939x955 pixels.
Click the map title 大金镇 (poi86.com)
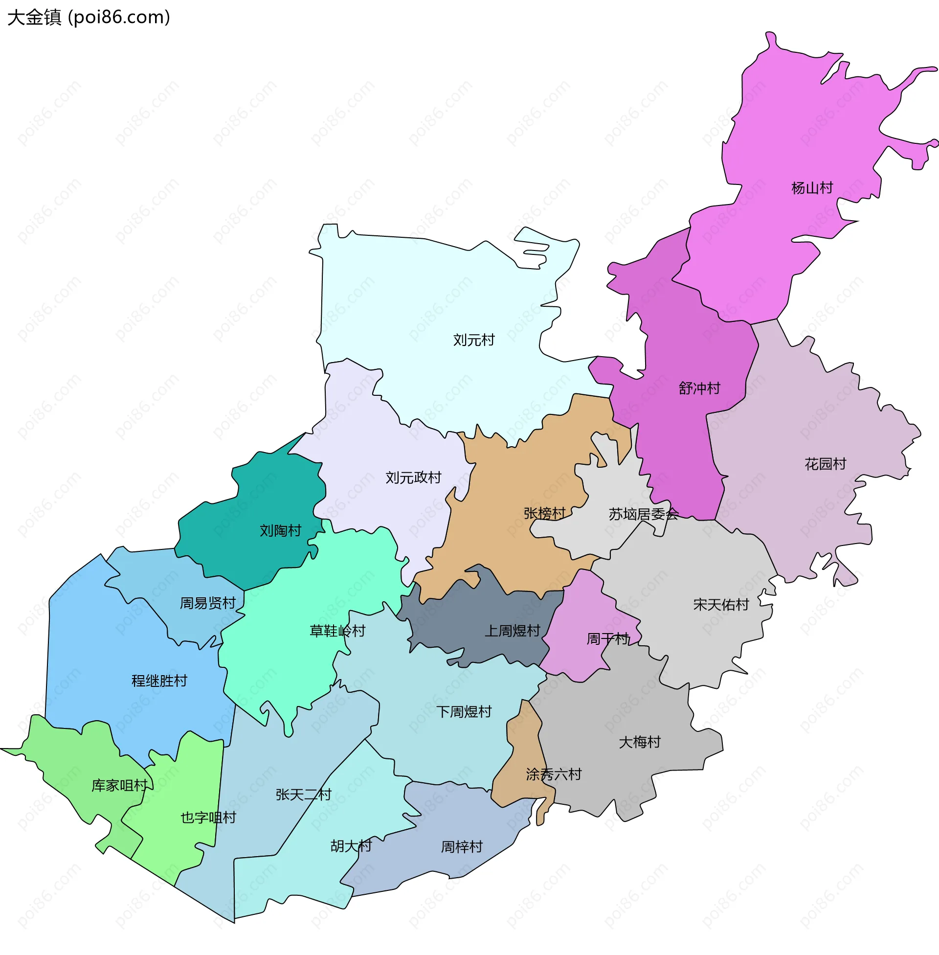pyautogui.click(x=89, y=17)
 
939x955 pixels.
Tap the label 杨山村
pyautogui.click(x=812, y=188)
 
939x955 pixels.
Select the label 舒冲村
pyautogui.click(x=699, y=388)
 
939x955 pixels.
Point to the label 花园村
pyautogui.click(x=825, y=464)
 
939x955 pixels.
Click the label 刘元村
pyautogui.click(x=473, y=340)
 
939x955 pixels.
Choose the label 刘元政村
pyautogui.click(x=413, y=477)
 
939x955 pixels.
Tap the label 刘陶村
pyautogui.click(x=280, y=530)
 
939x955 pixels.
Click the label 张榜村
pyautogui.click(x=544, y=514)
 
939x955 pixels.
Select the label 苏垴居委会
pyautogui.click(x=643, y=515)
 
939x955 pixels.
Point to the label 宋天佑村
pyautogui.click(x=720, y=604)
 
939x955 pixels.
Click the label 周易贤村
pyautogui.click(x=208, y=603)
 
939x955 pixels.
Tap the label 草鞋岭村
pyautogui.click(x=337, y=631)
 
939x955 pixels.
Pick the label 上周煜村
pyautogui.click(x=513, y=631)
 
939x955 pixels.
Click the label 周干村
pyautogui.click(x=607, y=639)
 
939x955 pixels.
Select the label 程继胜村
pyautogui.click(x=159, y=681)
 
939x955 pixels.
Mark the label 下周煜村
pyautogui.click(x=464, y=711)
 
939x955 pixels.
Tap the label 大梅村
pyautogui.click(x=639, y=742)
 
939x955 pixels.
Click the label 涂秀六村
pyautogui.click(x=553, y=774)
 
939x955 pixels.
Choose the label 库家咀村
pyautogui.click(x=120, y=785)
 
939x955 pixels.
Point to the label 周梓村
pyautogui.click(x=461, y=846)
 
